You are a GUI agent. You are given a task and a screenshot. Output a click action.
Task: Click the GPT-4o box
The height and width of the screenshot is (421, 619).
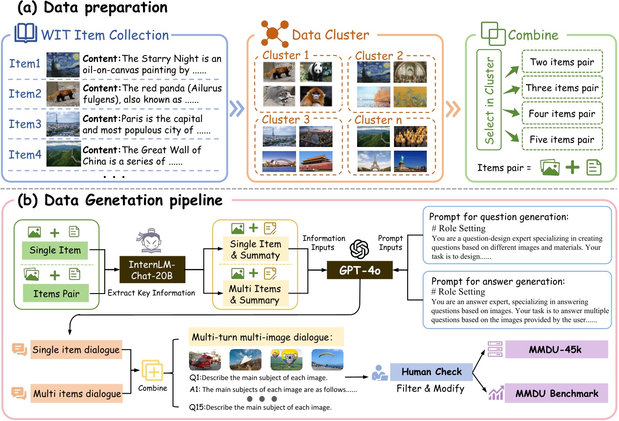(x=359, y=270)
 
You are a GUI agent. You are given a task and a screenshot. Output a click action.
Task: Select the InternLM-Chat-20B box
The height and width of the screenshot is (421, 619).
(x=152, y=270)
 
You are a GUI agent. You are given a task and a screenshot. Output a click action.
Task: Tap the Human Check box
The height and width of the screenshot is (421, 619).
(x=431, y=372)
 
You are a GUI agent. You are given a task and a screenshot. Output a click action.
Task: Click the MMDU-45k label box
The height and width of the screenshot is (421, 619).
(x=556, y=350)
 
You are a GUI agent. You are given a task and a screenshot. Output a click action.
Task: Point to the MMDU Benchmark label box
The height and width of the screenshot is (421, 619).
(x=556, y=394)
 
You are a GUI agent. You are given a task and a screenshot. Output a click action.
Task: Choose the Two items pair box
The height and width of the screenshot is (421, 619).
(x=562, y=62)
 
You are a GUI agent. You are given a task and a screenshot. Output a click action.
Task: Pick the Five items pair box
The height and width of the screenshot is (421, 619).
(x=562, y=140)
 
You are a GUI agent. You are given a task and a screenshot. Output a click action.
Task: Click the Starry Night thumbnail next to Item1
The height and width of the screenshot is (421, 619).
(x=63, y=64)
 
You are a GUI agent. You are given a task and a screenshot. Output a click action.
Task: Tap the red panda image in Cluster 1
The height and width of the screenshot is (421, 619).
(x=279, y=72)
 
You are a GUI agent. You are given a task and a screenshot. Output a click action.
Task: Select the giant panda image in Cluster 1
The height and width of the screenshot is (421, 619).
(x=316, y=72)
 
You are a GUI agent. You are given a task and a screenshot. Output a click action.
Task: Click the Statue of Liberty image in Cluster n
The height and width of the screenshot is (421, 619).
(x=410, y=161)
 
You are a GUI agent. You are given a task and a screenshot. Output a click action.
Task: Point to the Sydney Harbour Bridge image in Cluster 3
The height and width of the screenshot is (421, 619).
(x=279, y=161)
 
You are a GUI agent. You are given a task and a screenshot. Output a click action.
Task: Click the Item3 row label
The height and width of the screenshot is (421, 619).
(x=25, y=124)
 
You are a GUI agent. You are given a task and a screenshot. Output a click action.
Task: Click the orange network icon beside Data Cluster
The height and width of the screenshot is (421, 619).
(x=274, y=33)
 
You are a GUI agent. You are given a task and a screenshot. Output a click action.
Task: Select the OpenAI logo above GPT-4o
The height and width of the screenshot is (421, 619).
(x=359, y=249)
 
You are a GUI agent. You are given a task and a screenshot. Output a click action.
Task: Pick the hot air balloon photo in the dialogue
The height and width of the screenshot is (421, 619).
(x=286, y=360)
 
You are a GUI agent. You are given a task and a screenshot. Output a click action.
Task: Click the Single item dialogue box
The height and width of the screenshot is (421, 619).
(x=76, y=350)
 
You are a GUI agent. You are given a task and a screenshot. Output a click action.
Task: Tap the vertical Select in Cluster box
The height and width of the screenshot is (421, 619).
(x=489, y=100)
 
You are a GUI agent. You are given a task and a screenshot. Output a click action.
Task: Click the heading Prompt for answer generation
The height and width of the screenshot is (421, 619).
(x=498, y=281)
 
